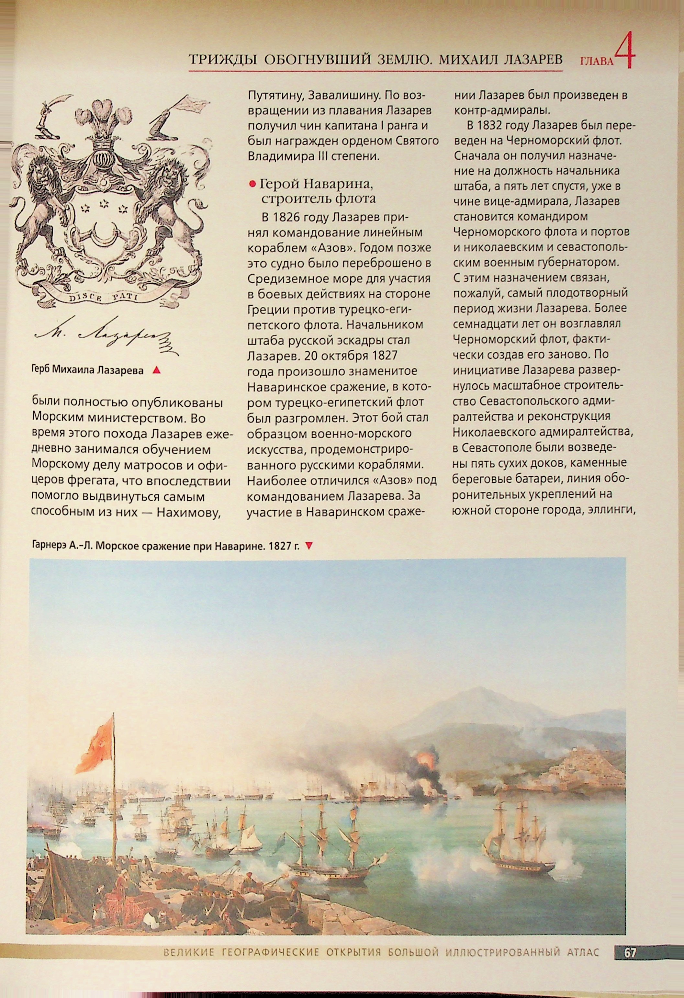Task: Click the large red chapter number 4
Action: pos(624,51)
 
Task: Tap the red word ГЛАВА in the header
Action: pos(597,62)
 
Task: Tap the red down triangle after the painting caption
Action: pos(308,546)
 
